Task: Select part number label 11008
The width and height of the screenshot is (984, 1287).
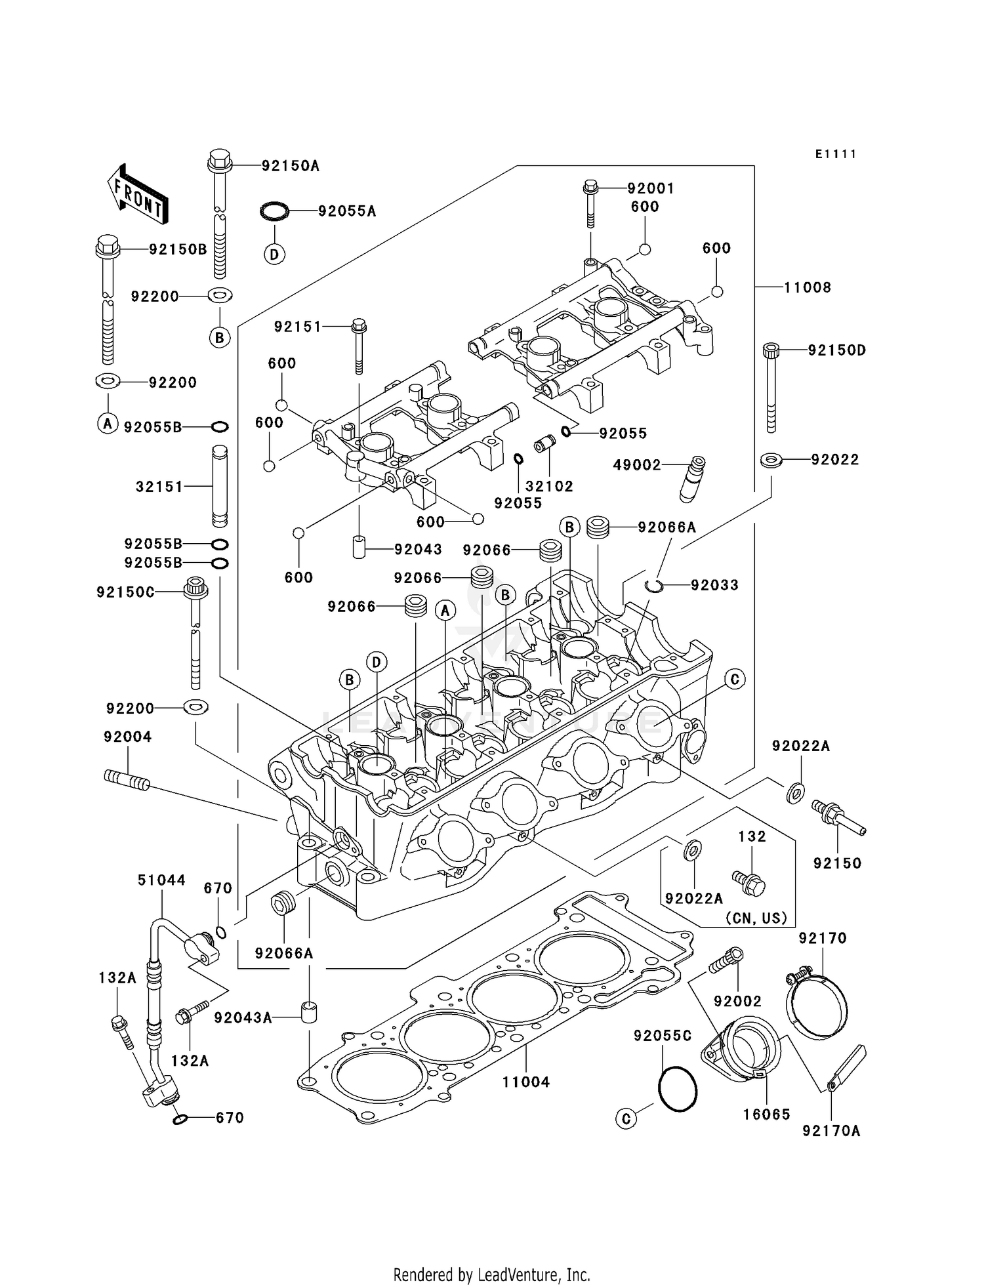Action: [808, 287]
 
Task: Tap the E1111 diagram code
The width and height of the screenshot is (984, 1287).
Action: [836, 154]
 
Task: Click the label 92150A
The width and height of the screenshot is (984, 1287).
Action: [290, 166]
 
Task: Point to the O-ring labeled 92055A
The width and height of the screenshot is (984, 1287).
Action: [274, 211]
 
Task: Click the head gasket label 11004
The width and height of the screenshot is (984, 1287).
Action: [526, 1082]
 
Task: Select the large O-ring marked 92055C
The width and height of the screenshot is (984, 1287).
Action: [678, 1089]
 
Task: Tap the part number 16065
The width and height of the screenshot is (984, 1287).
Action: [766, 1114]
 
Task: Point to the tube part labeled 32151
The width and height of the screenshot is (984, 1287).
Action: [220, 486]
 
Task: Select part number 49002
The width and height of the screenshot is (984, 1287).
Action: [636, 465]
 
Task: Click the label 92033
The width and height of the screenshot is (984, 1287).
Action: [714, 585]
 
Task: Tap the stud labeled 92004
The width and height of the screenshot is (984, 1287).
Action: [127, 781]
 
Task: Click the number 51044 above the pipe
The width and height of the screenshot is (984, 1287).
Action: [161, 880]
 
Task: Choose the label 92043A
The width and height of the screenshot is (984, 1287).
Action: [243, 1017]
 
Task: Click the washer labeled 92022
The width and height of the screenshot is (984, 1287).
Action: [771, 460]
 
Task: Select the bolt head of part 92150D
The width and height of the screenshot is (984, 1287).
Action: [771, 350]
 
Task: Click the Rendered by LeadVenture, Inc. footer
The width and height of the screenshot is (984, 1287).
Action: [491, 1275]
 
